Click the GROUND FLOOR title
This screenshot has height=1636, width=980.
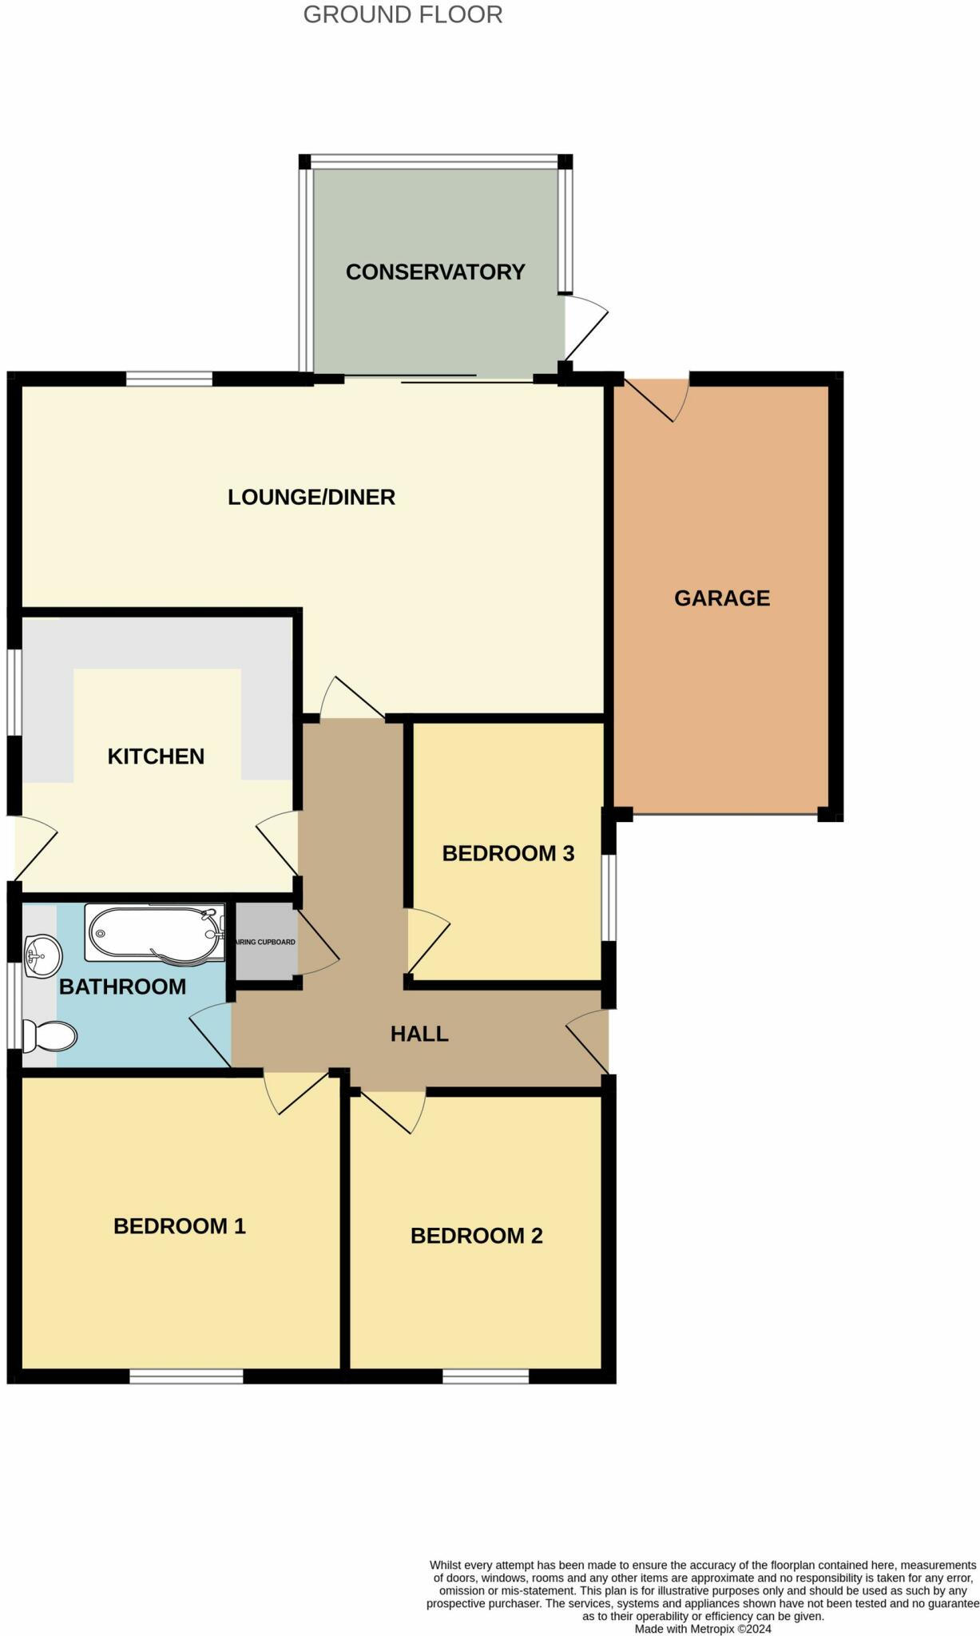tap(403, 15)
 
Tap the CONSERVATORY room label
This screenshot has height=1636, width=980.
tap(435, 272)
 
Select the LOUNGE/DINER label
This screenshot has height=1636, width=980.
tap(311, 497)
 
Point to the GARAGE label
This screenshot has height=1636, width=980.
tap(722, 598)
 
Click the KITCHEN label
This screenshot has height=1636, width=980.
tap(156, 756)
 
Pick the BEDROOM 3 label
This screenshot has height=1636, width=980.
tap(508, 853)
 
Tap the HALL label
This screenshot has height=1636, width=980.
tap(419, 1034)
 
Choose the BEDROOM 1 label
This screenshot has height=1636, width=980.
tap(180, 1225)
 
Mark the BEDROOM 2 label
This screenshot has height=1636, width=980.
tap(477, 1235)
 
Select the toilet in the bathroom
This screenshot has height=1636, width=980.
tap(50, 1036)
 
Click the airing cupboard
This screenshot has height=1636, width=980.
tap(266, 942)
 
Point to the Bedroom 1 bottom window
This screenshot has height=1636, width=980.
tap(186, 1376)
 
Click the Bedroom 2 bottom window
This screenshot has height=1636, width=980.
tap(486, 1376)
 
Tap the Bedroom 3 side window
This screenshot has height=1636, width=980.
tap(609, 898)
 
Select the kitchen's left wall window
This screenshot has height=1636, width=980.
tap(14, 692)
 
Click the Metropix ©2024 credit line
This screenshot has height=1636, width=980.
tap(703, 1628)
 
